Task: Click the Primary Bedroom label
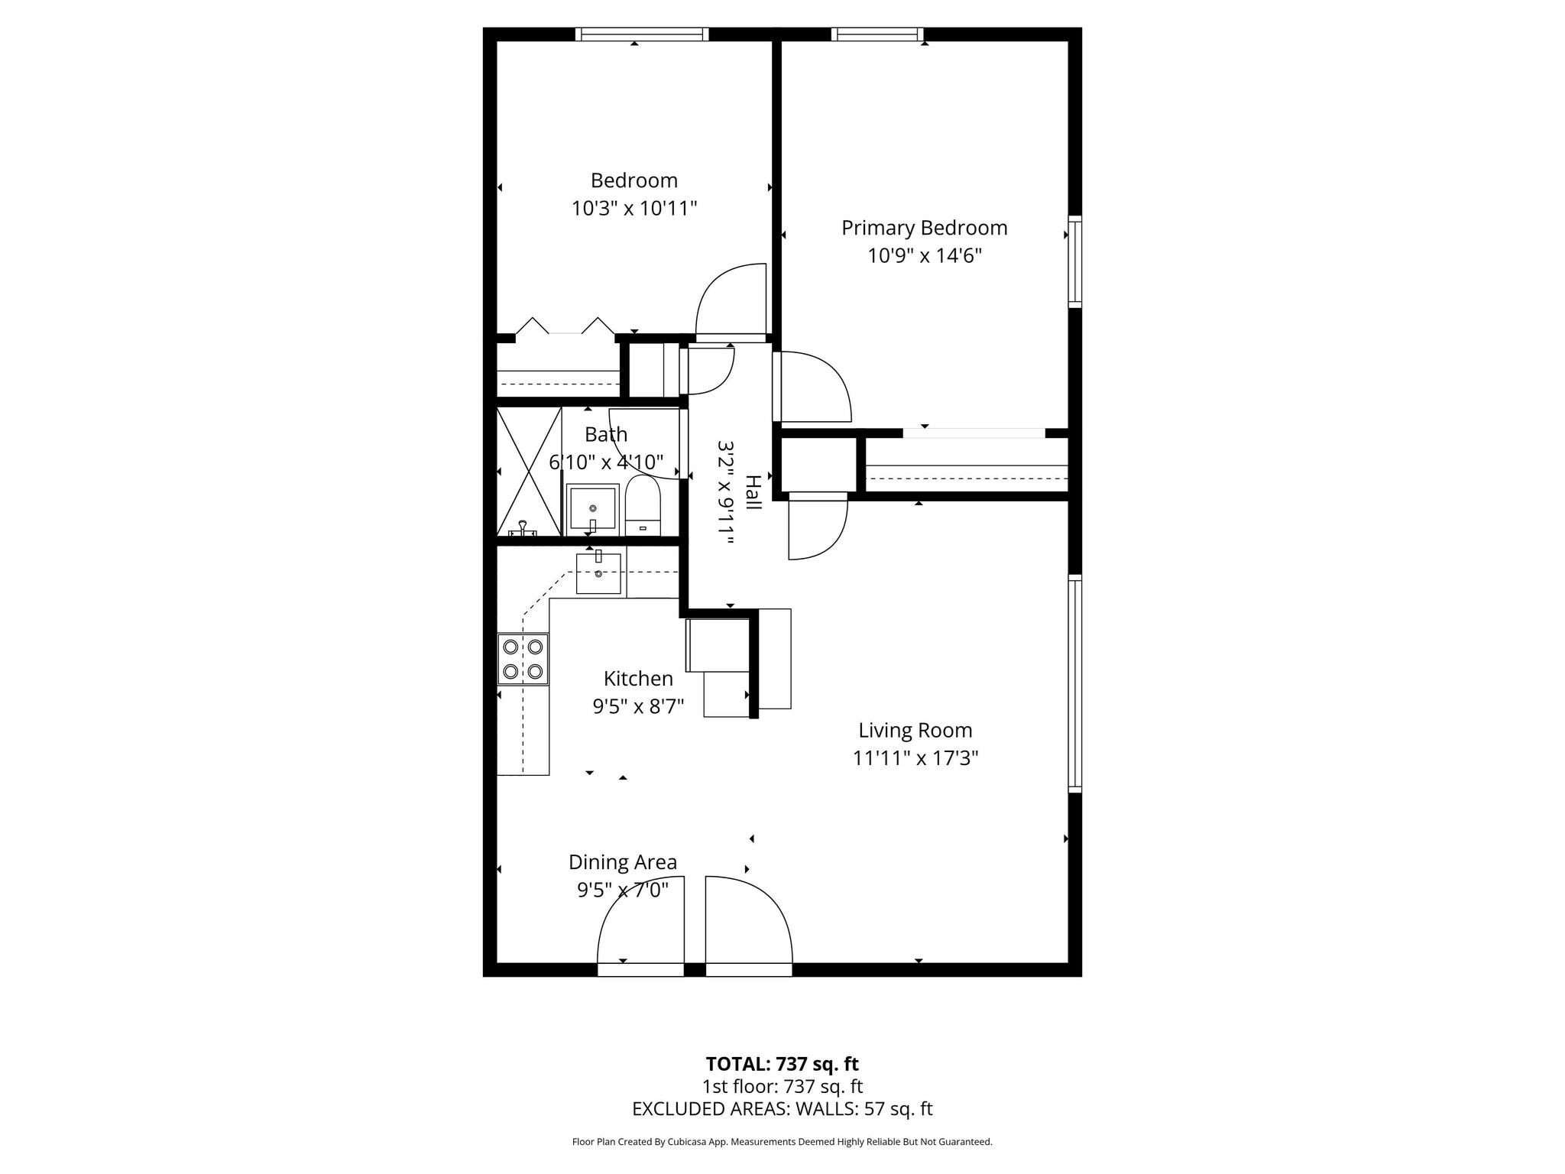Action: pyautogui.click(x=924, y=228)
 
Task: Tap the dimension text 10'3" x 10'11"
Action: pyautogui.click(x=634, y=208)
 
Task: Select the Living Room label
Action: pyautogui.click(x=915, y=730)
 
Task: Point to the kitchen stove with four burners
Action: pyautogui.click(x=523, y=659)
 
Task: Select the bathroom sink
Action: pyautogui.click(x=592, y=509)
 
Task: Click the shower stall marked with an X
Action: pyautogui.click(x=529, y=470)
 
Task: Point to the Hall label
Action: pyautogui.click(x=753, y=492)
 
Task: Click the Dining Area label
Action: pyautogui.click(x=622, y=862)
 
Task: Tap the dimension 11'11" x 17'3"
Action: pyautogui.click(x=915, y=758)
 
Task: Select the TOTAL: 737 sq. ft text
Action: pyautogui.click(x=782, y=1064)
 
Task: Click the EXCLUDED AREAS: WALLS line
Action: pyautogui.click(x=782, y=1109)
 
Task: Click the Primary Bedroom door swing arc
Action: pyautogui.click(x=815, y=386)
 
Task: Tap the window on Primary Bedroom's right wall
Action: pyautogui.click(x=1074, y=262)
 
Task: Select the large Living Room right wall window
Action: pyautogui.click(x=1074, y=684)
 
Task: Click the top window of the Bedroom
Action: pyautogui.click(x=642, y=34)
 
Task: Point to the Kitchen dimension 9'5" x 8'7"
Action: pyautogui.click(x=638, y=706)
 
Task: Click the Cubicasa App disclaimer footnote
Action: pyautogui.click(x=782, y=1142)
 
